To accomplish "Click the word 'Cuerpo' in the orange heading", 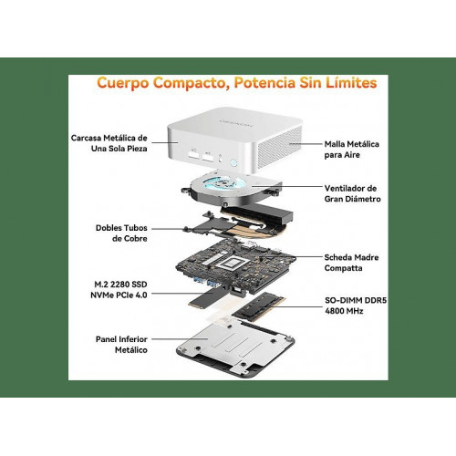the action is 123,83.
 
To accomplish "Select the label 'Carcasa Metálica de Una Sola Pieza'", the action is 109,143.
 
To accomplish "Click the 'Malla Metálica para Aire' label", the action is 352,150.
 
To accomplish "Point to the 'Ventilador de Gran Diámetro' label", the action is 352,193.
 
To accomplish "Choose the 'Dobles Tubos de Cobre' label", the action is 121,233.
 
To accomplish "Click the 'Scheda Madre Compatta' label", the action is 351,263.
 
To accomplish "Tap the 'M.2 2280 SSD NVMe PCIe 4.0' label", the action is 119,290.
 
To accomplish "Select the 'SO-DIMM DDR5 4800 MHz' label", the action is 356,306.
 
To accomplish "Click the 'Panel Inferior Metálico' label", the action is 121,345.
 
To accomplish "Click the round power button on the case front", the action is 234,162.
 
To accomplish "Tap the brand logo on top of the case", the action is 236,122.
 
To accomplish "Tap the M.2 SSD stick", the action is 207,297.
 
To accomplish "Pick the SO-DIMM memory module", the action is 259,306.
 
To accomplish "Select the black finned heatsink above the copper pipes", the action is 258,212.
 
